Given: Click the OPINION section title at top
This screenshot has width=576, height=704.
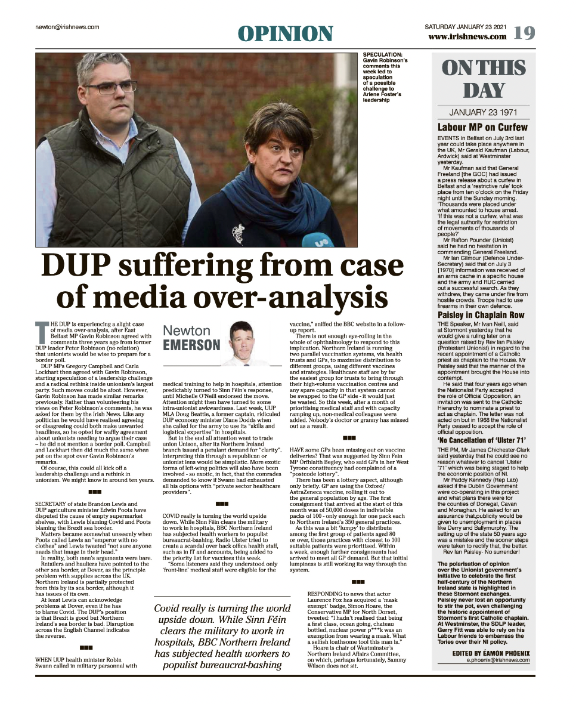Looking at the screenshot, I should (286, 33).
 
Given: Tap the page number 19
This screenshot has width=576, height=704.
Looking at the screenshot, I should (524, 33).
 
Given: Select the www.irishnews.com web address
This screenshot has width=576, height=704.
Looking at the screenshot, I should (467, 37).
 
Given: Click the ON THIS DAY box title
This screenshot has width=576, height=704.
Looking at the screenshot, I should (484, 79).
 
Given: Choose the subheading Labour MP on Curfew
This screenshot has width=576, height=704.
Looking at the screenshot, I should (482, 127).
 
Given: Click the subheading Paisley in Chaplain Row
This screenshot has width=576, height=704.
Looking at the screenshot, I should (481, 314).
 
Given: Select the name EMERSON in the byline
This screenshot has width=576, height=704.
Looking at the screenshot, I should (191, 345).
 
